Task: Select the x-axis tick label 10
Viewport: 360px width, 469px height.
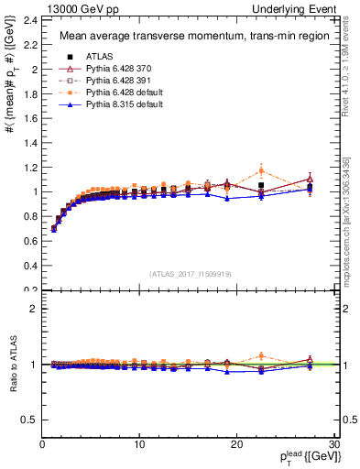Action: pyautogui.click(x=139, y=444)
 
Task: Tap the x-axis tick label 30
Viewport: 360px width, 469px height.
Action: pyautogui.click(x=334, y=444)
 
